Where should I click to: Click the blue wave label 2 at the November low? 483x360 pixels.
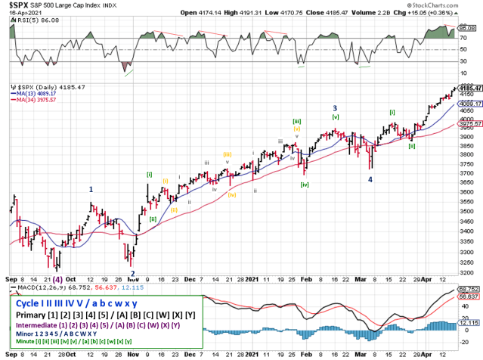click(132, 274)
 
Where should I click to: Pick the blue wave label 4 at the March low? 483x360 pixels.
click(370, 179)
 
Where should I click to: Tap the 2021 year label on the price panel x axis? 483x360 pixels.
click(252, 278)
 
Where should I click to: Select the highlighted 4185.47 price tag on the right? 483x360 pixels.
click(469, 88)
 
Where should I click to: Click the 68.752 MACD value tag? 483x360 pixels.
click(469, 289)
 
